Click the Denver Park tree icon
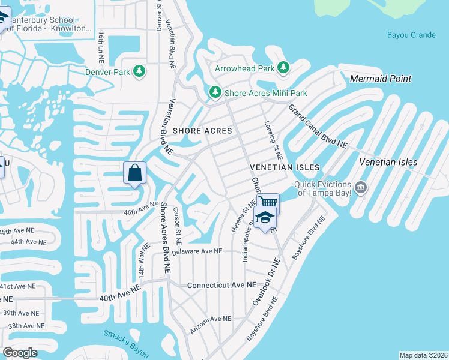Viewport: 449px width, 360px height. tap(140, 73)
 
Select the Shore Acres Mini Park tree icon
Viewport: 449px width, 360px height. tap(215, 93)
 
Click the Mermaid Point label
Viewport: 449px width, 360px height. tap(381, 79)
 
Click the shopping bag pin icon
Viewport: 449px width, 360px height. tap(135, 173)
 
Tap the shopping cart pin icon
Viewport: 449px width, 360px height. tap(268, 202)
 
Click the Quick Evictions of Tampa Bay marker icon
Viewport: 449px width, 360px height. tap(360, 188)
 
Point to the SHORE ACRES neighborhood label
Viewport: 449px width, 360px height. tap(202, 131)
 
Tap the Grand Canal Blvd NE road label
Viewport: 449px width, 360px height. tap(318, 127)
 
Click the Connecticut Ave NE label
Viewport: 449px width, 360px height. tap(221, 285)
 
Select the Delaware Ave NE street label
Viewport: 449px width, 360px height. tap(197, 252)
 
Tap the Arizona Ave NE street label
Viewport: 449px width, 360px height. tap(211, 325)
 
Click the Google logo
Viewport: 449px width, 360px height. tap(20, 353)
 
